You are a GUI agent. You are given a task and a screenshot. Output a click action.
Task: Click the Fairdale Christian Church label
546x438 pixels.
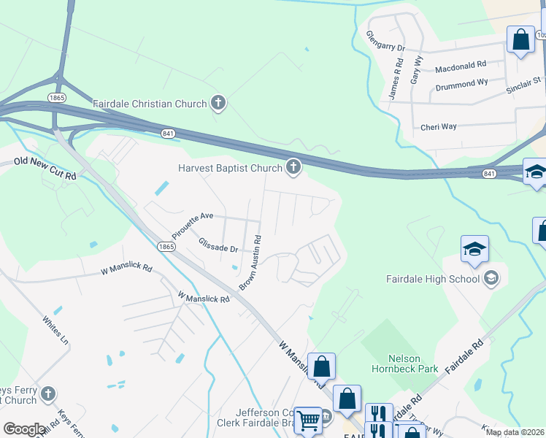[150, 104]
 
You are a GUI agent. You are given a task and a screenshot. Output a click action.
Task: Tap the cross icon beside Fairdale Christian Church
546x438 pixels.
[218, 104]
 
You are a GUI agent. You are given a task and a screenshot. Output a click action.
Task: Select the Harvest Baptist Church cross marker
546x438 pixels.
[293, 169]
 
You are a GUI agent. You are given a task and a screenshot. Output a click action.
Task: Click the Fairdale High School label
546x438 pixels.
[433, 278]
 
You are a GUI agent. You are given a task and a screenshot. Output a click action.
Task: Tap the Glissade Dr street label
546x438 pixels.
[218, 249]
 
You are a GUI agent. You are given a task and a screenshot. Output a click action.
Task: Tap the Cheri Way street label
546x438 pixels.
[439, 126]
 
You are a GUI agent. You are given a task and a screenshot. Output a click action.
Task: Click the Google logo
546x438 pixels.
[25, 429]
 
